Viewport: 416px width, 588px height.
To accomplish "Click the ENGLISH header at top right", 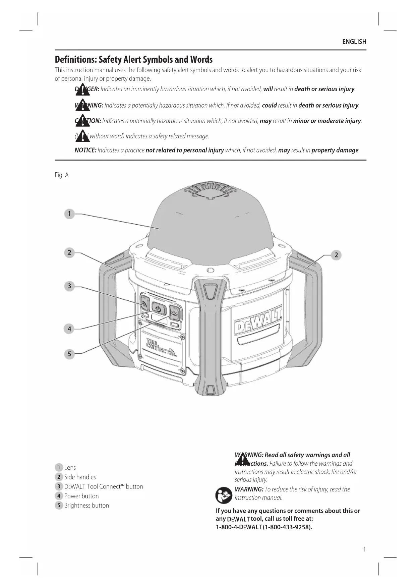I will click(x=354, y=42).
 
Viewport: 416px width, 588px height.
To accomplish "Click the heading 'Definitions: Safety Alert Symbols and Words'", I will click(x=133, y=60).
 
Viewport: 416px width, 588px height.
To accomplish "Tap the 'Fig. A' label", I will click(x=62, y=175).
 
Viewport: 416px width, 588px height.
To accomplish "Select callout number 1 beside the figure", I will click(x=69, y=214).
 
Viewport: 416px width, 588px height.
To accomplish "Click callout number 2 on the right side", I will click(x=336, y=255).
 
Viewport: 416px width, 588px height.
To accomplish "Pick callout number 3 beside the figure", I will click(x=69, y=286).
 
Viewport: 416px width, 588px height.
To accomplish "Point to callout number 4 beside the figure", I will click(x=69, y=329).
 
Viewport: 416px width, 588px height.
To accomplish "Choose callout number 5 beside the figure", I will click(x=69, y=354).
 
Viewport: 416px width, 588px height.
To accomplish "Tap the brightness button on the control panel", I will click(x=175, y=313).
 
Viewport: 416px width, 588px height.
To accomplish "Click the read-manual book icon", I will click(x=224, y=495).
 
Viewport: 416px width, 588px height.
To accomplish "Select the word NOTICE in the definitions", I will click(x=85, y=150).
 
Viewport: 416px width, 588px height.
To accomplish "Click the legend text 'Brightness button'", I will click(x=86, y=506).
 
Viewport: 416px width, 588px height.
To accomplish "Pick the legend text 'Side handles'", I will click(x=80, y=477).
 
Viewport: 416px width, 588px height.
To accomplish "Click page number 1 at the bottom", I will click(x=364, y=549).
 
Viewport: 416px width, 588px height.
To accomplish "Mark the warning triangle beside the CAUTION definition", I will click(x=82, y=121).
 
